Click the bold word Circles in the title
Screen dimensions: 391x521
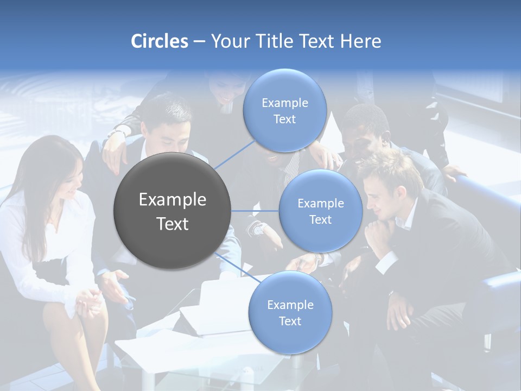click(x=159, y=41)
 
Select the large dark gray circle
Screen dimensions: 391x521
click(x=172, y=211)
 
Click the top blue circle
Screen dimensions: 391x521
click(x=284, y=110)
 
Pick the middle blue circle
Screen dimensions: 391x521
click(x=320, y=211)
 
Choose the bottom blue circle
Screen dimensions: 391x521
click(x=290, y=313)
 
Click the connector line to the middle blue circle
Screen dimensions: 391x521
click(x=255, y=211)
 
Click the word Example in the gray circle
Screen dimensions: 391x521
click(x=172, y=200)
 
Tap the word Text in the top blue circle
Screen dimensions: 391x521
click(x=284, y=119)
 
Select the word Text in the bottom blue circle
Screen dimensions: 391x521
click(x=290, y=321)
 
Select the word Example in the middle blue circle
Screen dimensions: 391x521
click(x=320, y=204)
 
